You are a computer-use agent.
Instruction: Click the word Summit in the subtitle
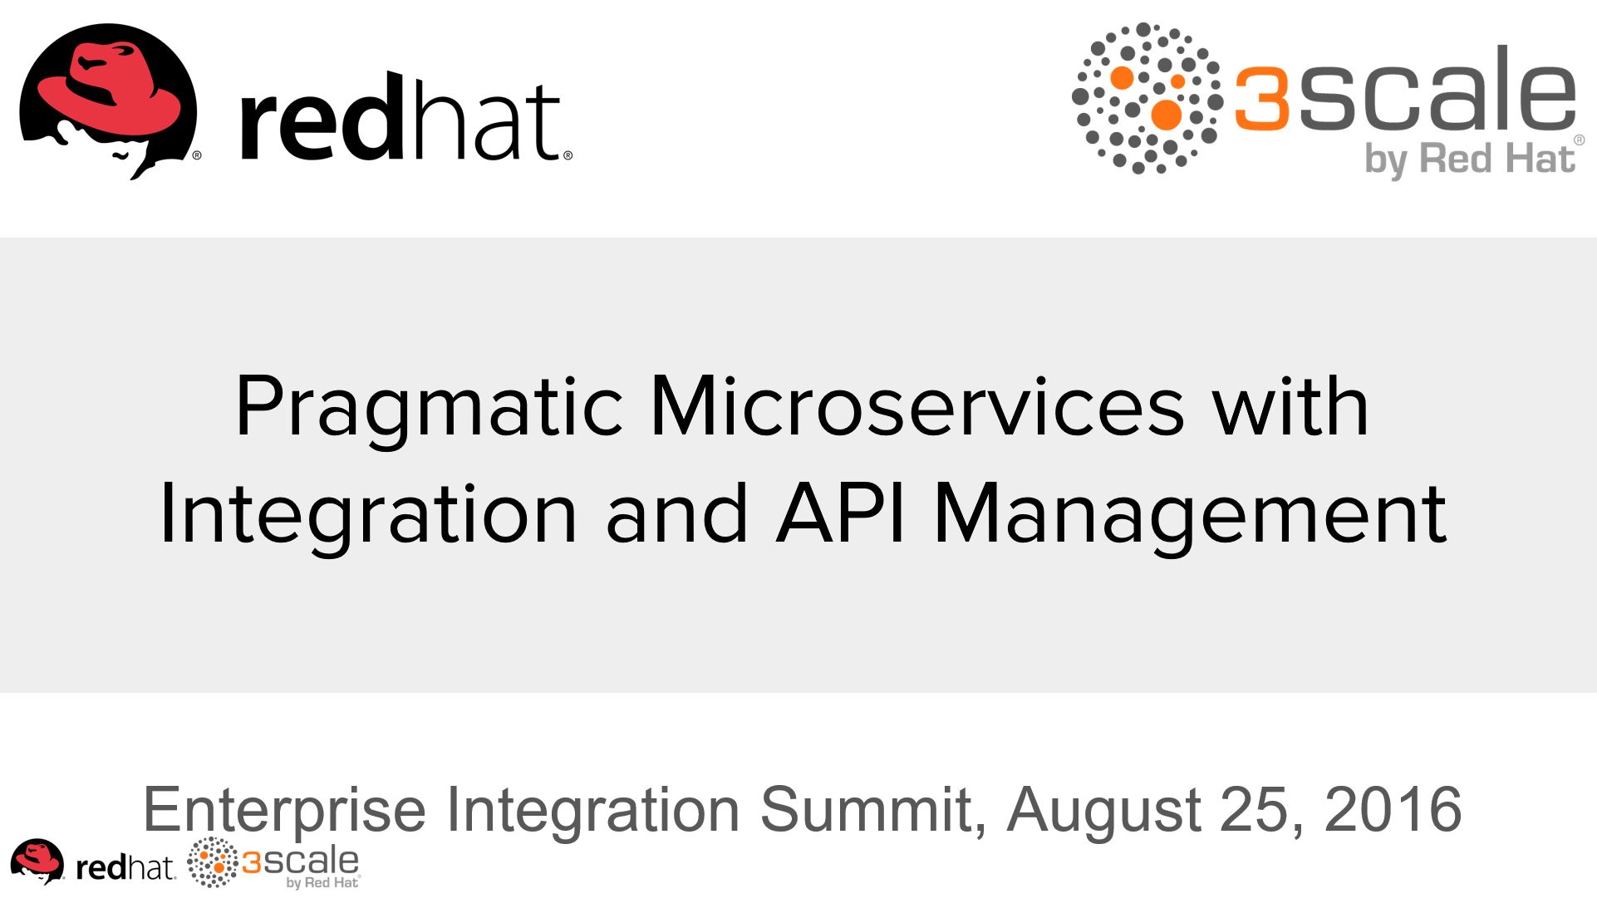[872, 810]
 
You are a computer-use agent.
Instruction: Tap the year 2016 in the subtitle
[1393, 808]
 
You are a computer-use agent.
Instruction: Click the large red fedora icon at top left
[108, 100]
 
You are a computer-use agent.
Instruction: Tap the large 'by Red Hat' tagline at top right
[1470, 159]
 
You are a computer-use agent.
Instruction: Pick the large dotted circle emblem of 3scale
[1147, 98]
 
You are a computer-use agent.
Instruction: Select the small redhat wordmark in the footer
[125, 867]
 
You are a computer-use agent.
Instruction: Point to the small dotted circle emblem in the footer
[213, 862]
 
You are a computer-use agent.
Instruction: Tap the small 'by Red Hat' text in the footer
[322, 882]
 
